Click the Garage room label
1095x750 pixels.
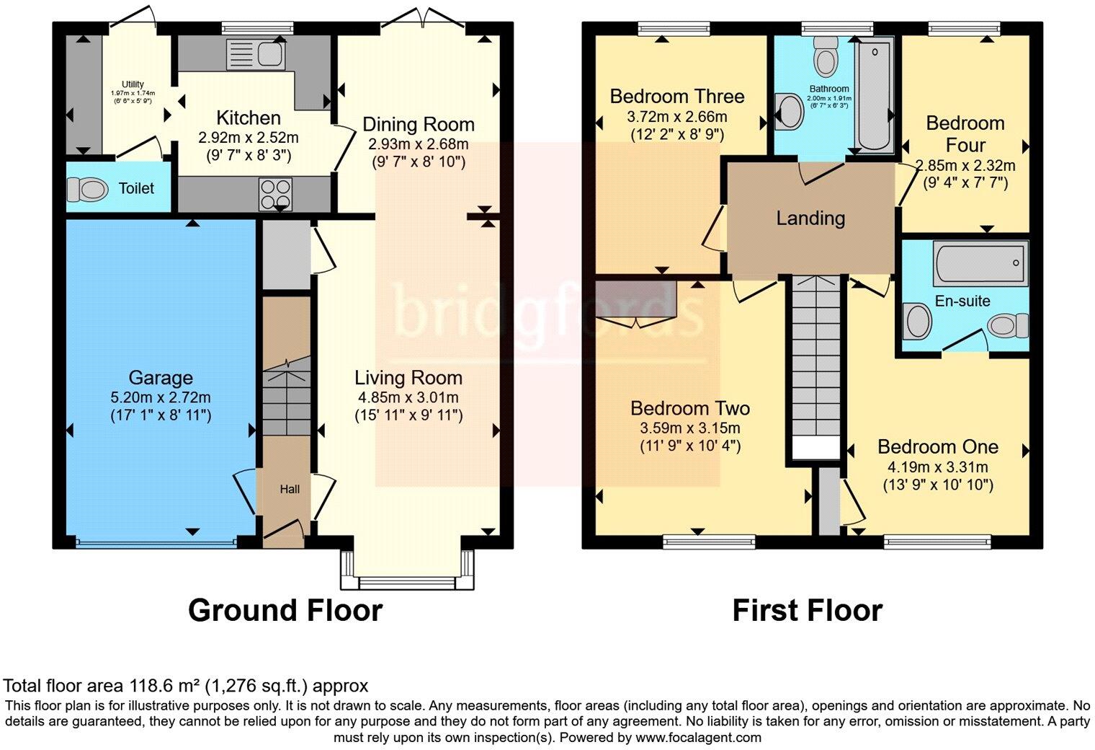click(x=161, y=378)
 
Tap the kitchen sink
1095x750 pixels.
click(x=256, y=54)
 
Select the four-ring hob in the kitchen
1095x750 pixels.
click(x=276, y=194)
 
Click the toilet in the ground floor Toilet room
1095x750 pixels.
click(x=87, y=189)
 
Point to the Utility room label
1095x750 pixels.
click(x=133, y=84)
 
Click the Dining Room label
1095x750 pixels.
click(x=419, y=124)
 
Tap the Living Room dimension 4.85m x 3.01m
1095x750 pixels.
click(x=408, y=397)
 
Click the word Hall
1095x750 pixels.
click(x=290, y=489)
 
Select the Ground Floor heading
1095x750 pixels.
click(x=285, y=610)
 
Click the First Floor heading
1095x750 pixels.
click(x=808, y=610)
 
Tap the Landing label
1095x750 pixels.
click(x=810, y=219)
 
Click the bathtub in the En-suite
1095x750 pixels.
click(x=980, y=263)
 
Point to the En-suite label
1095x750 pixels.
click(x=962, y=301)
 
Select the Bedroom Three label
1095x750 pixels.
click(x=677, y=97)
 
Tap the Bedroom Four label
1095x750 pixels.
click(x=965, y=134)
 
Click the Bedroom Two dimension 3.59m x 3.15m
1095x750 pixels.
click(x=690, y=428)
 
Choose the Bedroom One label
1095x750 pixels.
click(x=938, y=446)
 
